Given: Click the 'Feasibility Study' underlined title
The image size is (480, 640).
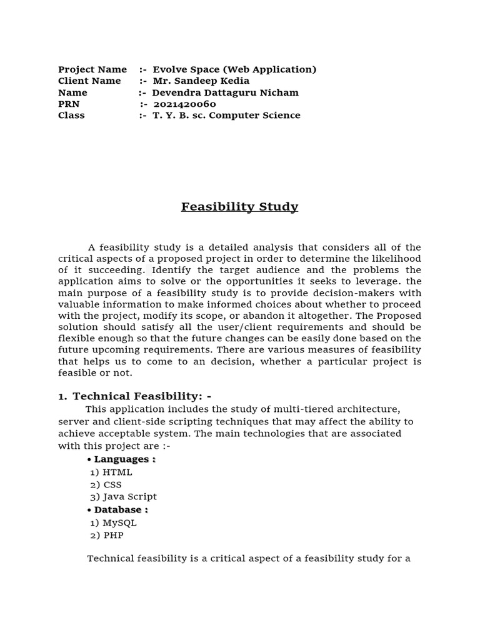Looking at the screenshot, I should click(239, 206).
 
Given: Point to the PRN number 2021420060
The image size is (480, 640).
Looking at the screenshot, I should click(184, 104).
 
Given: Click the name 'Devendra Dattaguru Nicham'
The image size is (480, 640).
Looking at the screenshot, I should click(225, 92).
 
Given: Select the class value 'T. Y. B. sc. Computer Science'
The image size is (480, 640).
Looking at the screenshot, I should click(226, 115).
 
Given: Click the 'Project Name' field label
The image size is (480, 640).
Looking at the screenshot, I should click(92, 69).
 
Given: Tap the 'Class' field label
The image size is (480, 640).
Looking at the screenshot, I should click(71, 115).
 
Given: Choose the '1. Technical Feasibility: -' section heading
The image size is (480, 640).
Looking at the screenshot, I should click(134, 396).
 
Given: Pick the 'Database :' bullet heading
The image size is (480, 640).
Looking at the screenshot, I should click(121, 510).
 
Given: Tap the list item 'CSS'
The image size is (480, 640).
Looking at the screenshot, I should click(112, 484).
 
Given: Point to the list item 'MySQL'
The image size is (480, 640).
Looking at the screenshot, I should click(119, 522).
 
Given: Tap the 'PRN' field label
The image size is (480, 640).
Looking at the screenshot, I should click(69, 104).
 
